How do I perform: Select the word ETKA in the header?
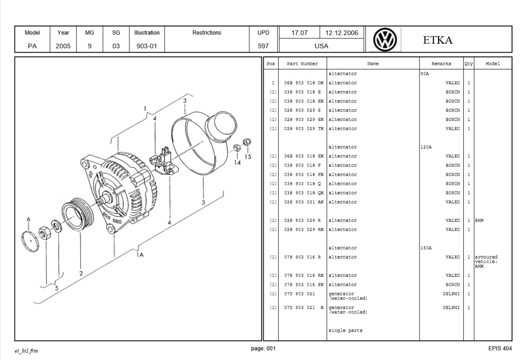(x=438, y=40)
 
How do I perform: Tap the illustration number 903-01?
(x=147, y=46)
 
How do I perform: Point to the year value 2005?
(x=63, y=46)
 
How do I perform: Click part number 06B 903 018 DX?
(x=304, y=83)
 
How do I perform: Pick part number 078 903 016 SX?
(x=304, y=284)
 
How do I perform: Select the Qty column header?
(x=468, y=64)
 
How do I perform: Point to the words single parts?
(x=345, y=331)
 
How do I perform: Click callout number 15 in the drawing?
(x=248, y=157)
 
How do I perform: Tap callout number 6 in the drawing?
(x=28, y=219)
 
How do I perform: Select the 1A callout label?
(x=140, y=255)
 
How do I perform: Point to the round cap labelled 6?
(x=30, y=240)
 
